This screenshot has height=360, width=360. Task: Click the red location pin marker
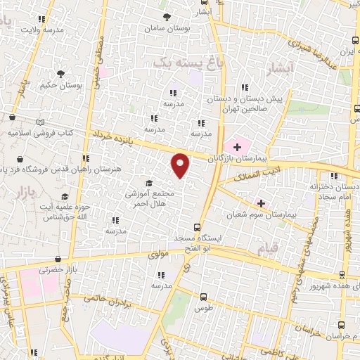(x=181, y=165)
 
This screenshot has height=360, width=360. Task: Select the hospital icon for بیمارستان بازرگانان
(x=238, y=147)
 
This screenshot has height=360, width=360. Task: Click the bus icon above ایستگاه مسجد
(x=198, y=227)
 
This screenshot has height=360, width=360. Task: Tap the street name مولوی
(x=158, y=255)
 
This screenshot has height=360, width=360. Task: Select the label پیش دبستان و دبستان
(x=254, y=100)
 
